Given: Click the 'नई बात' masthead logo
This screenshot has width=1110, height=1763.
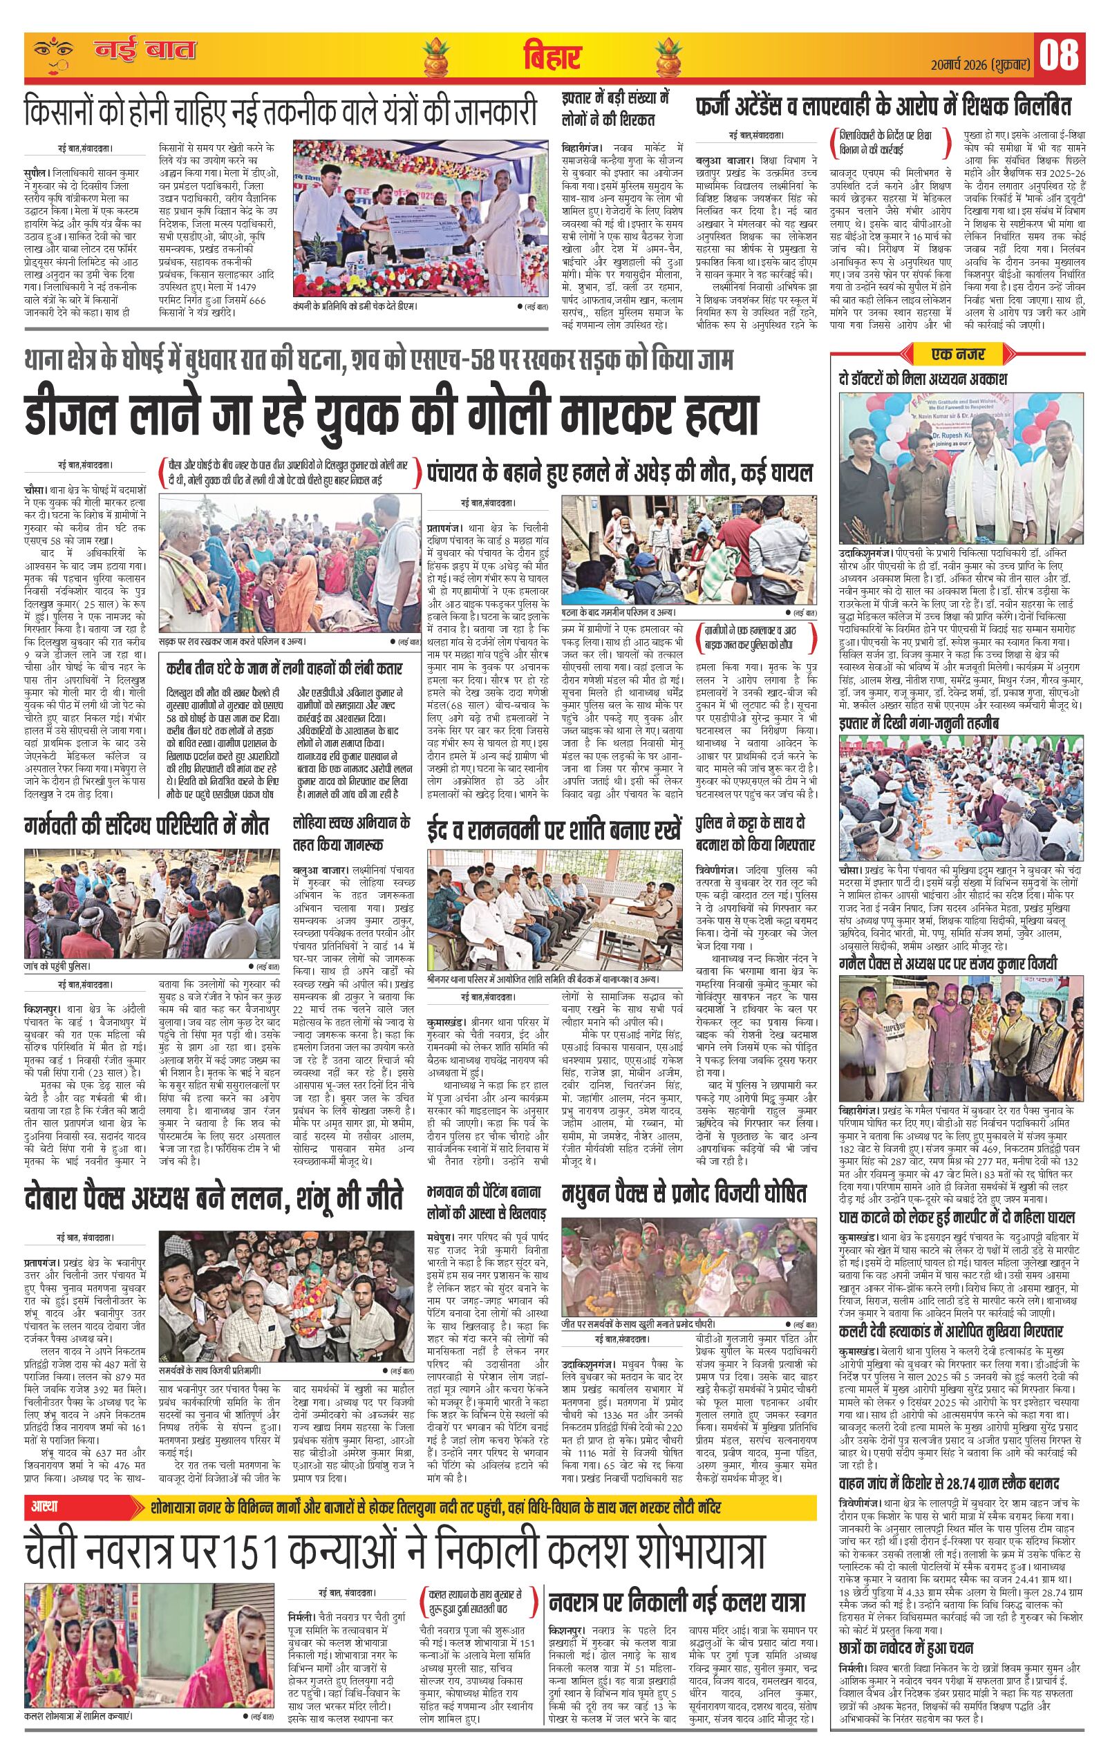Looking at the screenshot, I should [142, 52].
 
